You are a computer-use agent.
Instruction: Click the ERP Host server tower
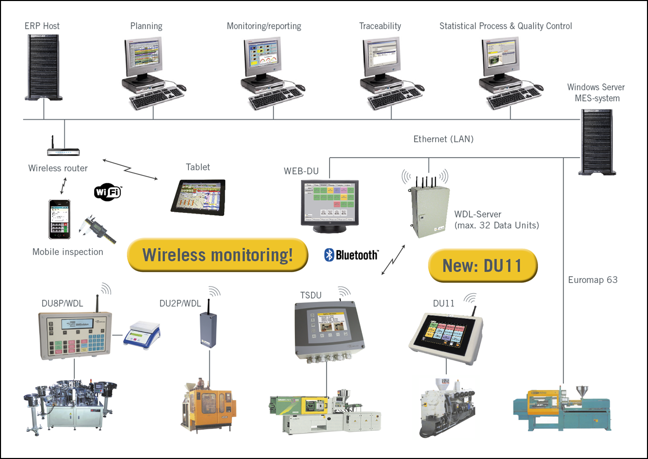(x=44, y=67)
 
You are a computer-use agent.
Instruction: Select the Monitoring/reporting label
(x=264, y=26)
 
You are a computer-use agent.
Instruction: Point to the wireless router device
(x=64, y=152)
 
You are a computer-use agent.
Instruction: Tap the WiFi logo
(x=108, y=192)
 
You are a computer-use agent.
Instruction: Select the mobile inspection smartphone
(x=59, y=219)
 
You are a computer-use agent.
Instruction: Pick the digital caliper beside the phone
(x=98, y=229)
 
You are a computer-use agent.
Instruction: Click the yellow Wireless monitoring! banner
(x=218, y=254)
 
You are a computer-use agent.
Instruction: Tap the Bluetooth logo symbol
(x=330, y=254)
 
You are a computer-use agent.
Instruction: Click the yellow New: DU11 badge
(x=483, y=266)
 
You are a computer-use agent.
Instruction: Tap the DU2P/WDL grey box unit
(x=208, y=329)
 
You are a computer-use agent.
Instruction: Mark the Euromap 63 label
(x=593, y=280)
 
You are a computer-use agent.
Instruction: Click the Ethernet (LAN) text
(x=443, y=139)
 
